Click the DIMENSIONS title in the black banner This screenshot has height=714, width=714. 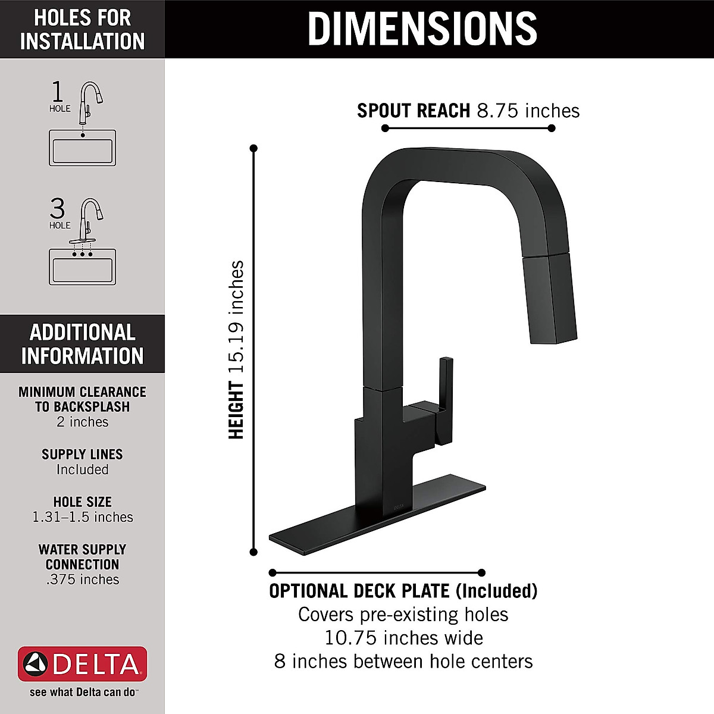click(422, 28)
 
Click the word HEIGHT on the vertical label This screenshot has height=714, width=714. click(237, 411)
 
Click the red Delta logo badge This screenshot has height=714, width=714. click(82, 664)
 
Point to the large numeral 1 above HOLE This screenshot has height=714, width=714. click(57, 92)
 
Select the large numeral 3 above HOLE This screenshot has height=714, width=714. click(57, 209)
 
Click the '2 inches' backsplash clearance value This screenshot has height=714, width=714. click(82, 422)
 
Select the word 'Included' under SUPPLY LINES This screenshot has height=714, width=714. click(82, 469)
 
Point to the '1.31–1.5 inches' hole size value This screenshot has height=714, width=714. click(82, 517)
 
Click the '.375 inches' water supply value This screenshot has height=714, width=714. click(82, 580)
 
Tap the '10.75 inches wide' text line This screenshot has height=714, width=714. click(403, 638)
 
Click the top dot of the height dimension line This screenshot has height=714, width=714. click(253, 148)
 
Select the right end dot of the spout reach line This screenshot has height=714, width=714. click(552, 128)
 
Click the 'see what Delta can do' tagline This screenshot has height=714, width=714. click(82, 693)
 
